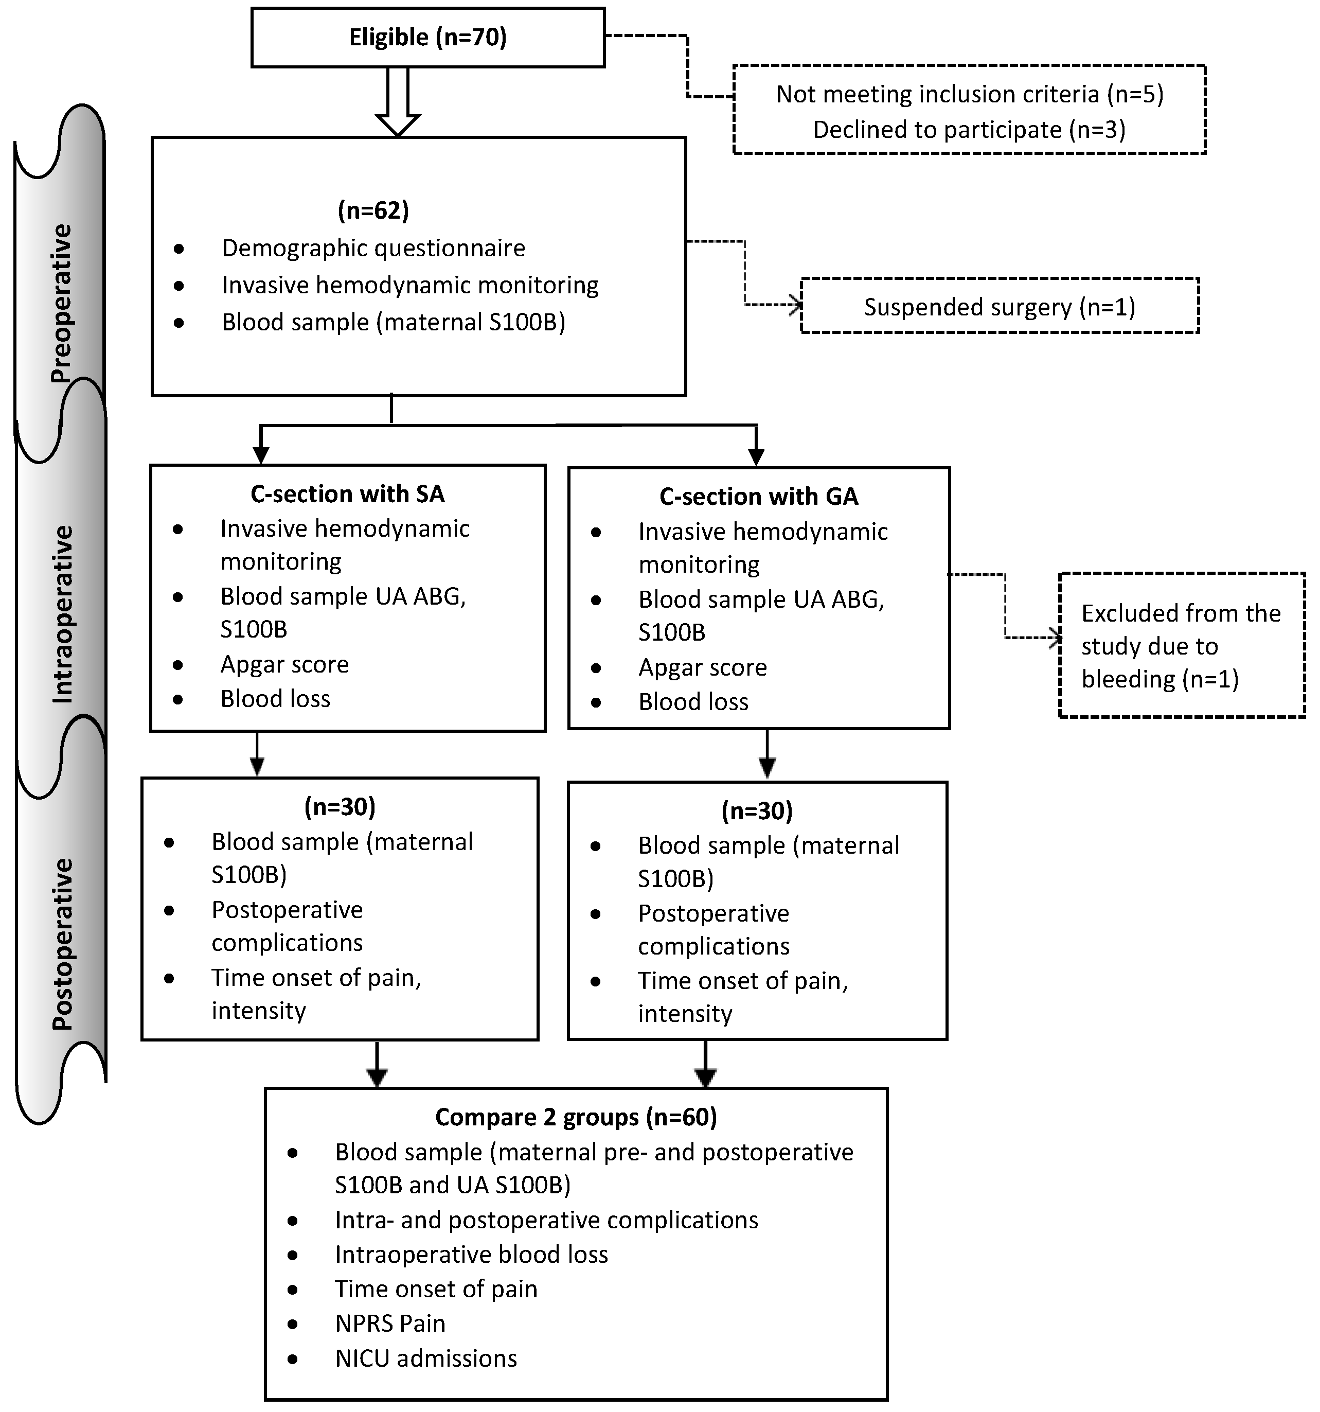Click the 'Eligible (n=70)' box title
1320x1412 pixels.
pyautogui.click(x=427, y=37)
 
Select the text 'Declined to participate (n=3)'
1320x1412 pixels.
pyautogui.click(x=969, y=130)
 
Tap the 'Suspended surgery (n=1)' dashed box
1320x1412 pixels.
pyautogui.click(x=999, y=307)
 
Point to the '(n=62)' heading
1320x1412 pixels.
pyautogui.click(x=373, y=210)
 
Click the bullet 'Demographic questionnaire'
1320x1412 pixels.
pyautogui.click(x=373, y=248)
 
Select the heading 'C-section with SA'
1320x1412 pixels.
pyautogui.click(x=347, y=493)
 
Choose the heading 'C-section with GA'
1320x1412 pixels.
pyautogui.click(x=758, y=497)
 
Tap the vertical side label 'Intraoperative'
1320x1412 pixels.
pyautogui.click(x=62, y=614)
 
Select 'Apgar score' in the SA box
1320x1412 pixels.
pyautogui.click(x=284, y=664)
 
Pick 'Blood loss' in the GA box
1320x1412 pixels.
pyautogui.click(x=693, y=702)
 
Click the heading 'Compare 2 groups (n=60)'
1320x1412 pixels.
pyautogui.click(x=576, y=1117)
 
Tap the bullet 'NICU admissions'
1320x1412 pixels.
pyautogui.click(x=425, y=1358)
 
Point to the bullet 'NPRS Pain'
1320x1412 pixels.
pyautogui.click(x=390, y=1323)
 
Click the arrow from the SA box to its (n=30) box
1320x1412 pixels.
pyautogui.click(x=257, y=755)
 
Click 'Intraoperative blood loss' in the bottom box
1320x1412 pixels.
pyautogui.click(x=471, y=1255)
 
